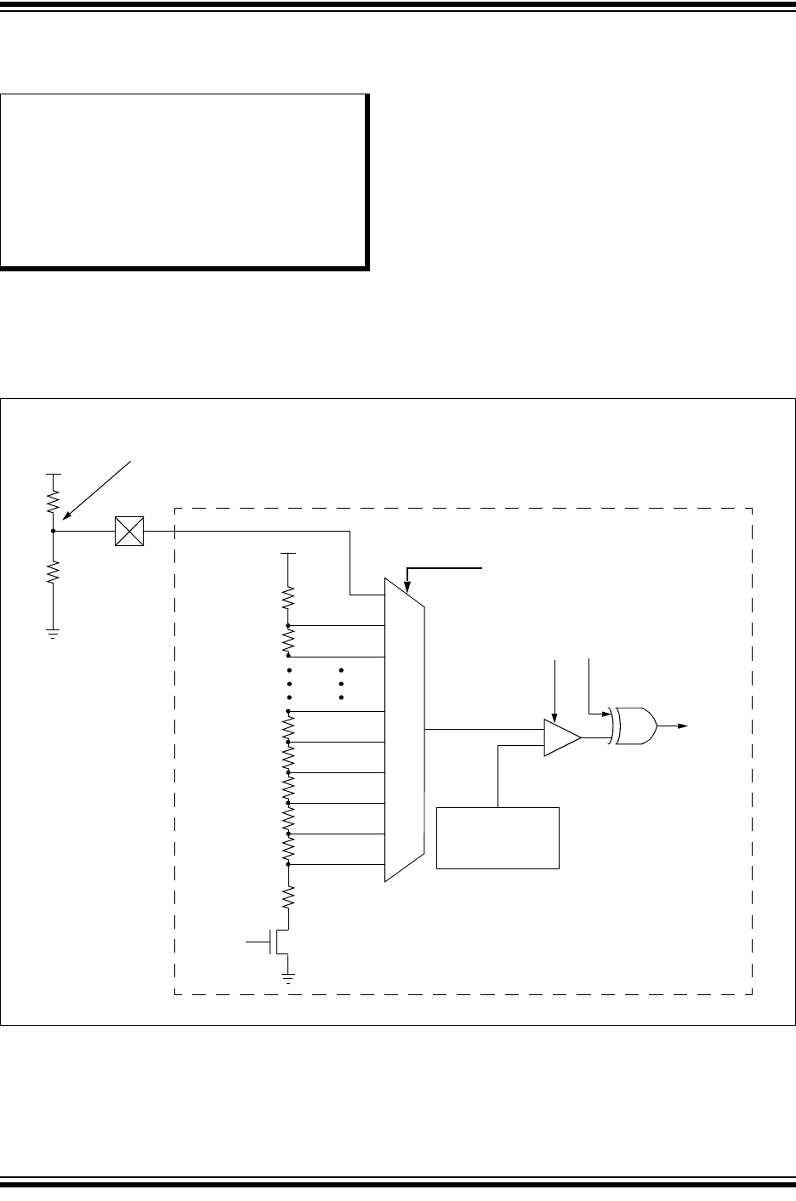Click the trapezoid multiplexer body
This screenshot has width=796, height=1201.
405,730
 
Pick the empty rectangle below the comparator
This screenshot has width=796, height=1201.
497,838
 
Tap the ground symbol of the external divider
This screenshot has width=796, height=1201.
53,632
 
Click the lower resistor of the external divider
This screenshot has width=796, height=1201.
53,572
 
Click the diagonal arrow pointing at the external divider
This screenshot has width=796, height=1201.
98,488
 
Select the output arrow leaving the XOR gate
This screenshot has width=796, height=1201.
679,726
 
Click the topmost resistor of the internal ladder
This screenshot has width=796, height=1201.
289,598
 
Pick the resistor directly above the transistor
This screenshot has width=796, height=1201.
289,896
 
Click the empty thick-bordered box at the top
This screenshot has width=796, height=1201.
185,181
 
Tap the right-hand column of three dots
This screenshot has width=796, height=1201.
340,684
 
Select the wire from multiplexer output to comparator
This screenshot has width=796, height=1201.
483,729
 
